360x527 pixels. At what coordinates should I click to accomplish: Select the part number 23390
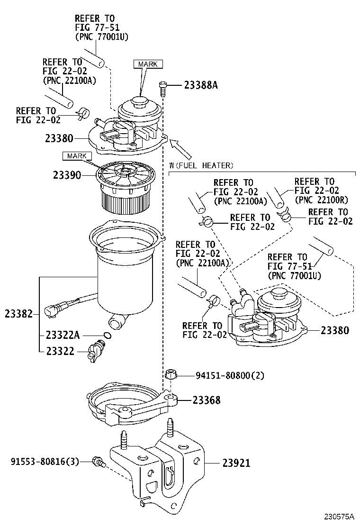tap(66, 175)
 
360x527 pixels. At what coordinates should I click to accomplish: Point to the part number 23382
tap(18, 313)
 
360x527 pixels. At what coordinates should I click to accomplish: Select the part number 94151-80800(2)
tap(230, 375)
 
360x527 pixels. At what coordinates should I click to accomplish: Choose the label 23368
tap(206, 400)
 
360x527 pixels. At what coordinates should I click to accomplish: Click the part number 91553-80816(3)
tap(45, 461)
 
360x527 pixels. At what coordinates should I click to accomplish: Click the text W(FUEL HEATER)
tap(201, 165)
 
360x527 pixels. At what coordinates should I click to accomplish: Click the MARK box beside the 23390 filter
tap(76, 156)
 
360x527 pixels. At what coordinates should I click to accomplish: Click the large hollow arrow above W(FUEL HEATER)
tap(181, 149)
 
